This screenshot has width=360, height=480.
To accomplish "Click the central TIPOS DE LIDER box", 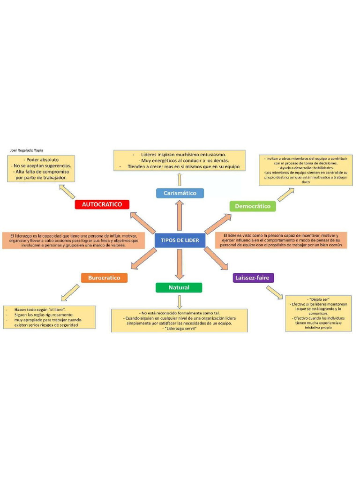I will point(180,240).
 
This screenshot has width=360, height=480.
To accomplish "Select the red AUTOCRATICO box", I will point(102,205).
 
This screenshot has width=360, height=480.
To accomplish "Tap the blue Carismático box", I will point(180,193).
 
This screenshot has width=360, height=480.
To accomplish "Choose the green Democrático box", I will point(253,206).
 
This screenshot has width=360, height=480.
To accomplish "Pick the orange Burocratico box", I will point(104,278).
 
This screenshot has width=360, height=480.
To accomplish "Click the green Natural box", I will point(179,288).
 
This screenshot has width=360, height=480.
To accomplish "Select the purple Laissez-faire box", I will point(253,278).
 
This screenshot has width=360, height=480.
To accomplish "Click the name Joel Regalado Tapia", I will point(26,150).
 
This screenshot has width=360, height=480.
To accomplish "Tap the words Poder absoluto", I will point(42,160).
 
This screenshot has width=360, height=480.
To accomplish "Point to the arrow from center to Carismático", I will point(179,215).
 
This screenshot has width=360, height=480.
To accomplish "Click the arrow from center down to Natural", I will point(179,264).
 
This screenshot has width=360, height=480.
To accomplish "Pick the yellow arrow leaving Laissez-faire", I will point(275,292).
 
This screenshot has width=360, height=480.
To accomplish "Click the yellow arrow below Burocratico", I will point(70,292).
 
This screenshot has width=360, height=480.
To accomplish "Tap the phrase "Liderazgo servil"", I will point(179,329).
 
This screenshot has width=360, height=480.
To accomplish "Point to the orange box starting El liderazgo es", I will point(70,240).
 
